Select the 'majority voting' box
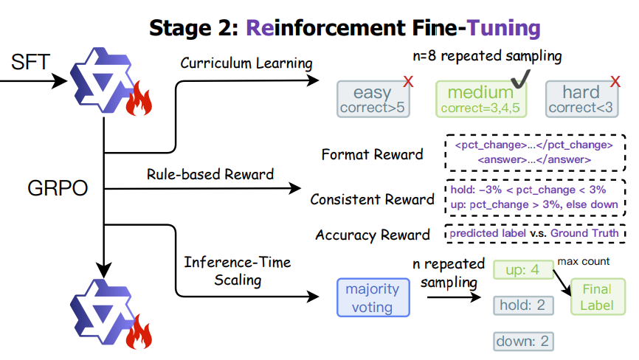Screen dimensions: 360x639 [x=373, y=297]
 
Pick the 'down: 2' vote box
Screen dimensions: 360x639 [x=523, y=342]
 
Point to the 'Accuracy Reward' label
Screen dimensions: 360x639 [x=373, y=235]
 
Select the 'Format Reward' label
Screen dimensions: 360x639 [x=373, y=155]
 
